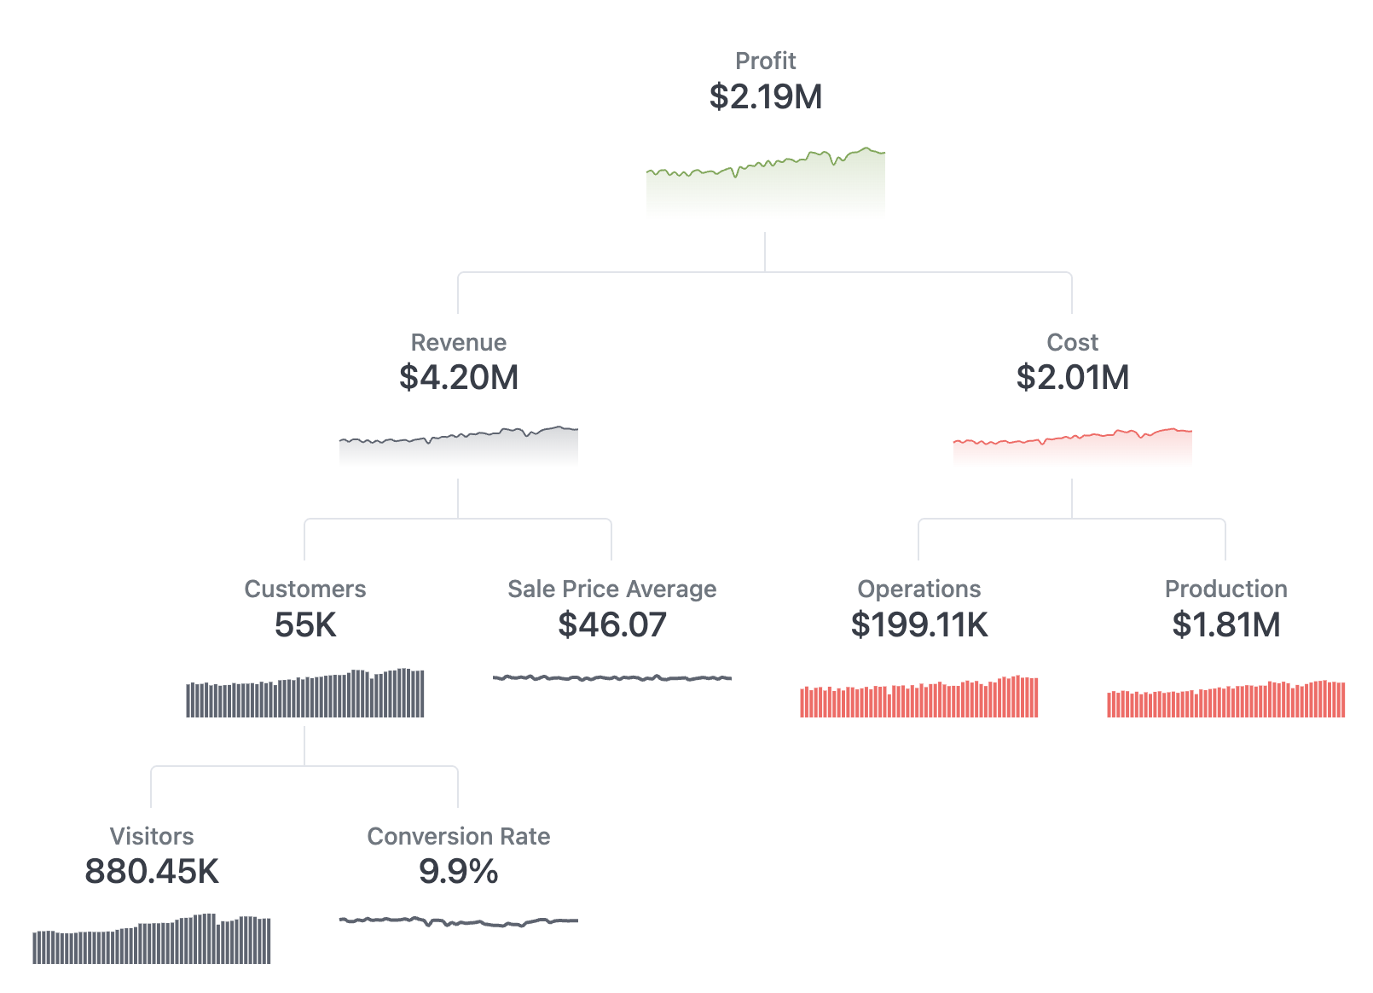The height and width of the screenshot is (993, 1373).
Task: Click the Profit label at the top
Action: click(x=765, y=61)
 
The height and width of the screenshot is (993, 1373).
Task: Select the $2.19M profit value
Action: click(x=765, y=96)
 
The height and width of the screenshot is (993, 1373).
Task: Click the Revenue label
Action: click(x=458, y=342)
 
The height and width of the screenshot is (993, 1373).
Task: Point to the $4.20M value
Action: click(x=458, y=377)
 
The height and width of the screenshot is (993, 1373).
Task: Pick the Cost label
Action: click(x=1072, y=342)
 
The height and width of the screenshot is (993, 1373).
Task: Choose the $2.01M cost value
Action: click(x=1072, y=377)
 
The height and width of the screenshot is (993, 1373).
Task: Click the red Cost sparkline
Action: click(x=1072, y=446)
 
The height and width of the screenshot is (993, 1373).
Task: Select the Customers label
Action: click(x=304, y=589)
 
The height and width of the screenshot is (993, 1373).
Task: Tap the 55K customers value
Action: click(x=304, y=624)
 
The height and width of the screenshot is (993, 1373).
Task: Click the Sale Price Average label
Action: click(x=611, y=589)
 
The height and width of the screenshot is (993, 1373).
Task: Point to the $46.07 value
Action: click(x=611, y=624)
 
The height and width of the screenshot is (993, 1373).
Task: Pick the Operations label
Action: click(x=918, y=589)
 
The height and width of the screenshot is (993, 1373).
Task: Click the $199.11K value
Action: click(x=918, y=624)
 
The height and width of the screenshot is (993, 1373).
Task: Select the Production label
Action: click(x=1225, y=589)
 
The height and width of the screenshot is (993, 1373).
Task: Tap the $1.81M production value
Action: click(x=1225, y=624)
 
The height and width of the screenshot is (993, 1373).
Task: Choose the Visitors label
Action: click(x=152, y=836)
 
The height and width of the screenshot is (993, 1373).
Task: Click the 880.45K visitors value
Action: click(x=152, y=871)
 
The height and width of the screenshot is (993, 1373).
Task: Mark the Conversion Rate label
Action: click(x=458, y=836)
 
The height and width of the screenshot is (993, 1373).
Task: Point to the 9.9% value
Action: click(x=458, y=871)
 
